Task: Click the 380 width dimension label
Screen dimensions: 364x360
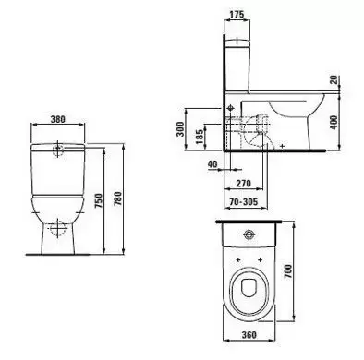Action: (57, 119)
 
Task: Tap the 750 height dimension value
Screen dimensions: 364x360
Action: (98, 200)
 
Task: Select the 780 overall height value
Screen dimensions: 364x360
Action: (118, 199)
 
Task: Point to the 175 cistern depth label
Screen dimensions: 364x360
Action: (237, 14)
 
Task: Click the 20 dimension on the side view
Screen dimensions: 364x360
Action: (334, 80)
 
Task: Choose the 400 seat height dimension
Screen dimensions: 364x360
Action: (334, 123)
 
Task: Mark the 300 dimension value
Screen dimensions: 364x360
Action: (180, 129)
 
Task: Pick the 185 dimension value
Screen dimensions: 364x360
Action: (200, 137)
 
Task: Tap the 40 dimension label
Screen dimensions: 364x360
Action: (212, 164)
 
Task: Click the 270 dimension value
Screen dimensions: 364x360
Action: (243, 184)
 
